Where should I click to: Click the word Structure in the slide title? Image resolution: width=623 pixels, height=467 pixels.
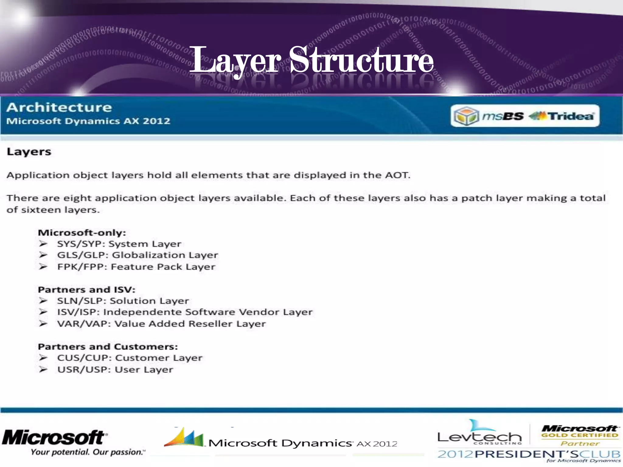(361, 60)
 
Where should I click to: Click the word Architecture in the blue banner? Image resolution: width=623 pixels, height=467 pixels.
(59, 107)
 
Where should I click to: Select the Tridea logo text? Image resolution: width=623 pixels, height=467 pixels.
(571, 116)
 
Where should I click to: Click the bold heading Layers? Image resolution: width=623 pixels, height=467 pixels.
(29, 151)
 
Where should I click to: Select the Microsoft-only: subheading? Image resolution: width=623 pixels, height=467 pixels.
(82, 233)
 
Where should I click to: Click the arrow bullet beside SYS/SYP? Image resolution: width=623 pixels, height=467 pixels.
(43, 244)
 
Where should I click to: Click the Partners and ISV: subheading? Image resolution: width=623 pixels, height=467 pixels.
(86, 289)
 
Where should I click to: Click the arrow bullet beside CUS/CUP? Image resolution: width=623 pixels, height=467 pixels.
(43, 358)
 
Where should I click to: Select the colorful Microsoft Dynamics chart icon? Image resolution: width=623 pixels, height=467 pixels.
(184, 438)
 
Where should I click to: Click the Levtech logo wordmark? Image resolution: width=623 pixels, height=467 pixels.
(479, 437)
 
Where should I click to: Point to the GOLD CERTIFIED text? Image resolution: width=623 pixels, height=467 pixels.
(580, 435)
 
